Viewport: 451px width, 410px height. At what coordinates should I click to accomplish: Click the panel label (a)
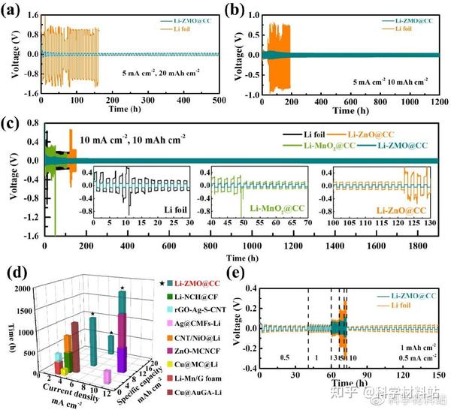tap(12, 9)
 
